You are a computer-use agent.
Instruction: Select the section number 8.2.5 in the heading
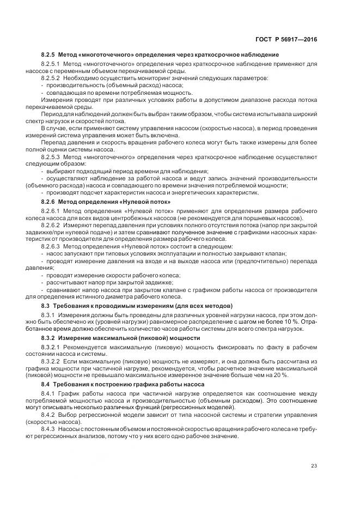pos(50,54)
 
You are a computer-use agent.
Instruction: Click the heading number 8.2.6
pos(50,202)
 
